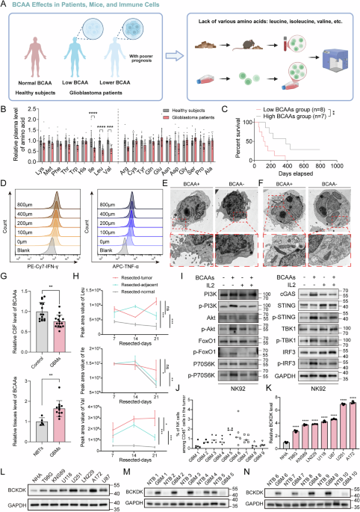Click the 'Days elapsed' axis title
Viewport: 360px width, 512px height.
tap(299, 166)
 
